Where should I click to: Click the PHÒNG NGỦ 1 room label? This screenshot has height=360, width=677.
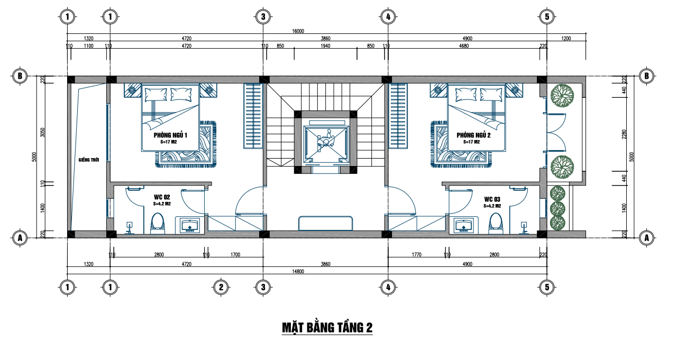click(x=170, y=135)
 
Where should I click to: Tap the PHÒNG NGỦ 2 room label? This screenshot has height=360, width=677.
click(x=473, y=135)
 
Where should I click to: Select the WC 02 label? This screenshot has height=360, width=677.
click(x=162, y=197)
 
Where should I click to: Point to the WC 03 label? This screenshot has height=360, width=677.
click(x=492, y=199)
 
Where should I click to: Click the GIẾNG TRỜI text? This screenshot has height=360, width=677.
click(x=89, y=160)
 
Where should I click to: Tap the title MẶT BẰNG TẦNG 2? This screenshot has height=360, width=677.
click(x=327, y=328)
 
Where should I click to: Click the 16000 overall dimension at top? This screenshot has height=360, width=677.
click(x=298, y=31)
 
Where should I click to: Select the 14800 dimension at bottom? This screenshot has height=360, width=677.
click(x=298, y=272)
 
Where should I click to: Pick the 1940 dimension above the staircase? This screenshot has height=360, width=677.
click(x=325, y=46)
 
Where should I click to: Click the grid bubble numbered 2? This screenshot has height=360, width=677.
click(x=221, y=287)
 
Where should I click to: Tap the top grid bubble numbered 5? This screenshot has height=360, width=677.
click(x=547, y=16)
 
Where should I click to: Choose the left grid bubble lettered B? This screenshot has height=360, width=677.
click(x=20, y=76)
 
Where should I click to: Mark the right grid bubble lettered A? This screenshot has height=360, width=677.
click(x=646, y=238)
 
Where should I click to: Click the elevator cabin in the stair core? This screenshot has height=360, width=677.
click(x=326, y=142)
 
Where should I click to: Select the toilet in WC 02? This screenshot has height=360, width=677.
click(x=158, y=224)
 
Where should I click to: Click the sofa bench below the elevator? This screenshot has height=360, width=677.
click(x=325, y=224)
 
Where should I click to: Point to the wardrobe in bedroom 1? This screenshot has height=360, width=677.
click(x=253, y=116)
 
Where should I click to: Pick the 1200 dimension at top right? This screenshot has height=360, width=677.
click(x=566, y=39)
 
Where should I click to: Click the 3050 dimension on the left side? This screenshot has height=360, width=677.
click(x=43, y=132)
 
